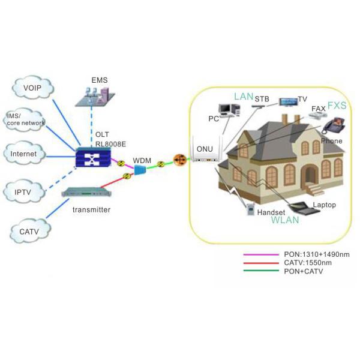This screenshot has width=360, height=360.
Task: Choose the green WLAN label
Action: (x=285, y=220)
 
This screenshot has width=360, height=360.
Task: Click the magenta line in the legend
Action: (x=258, y=254)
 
